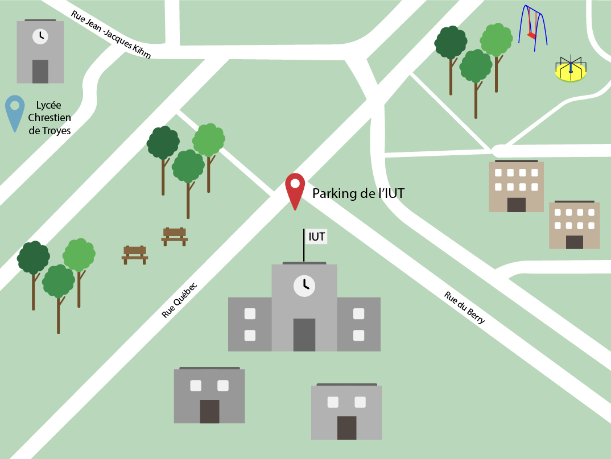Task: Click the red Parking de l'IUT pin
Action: [x=295, y=187]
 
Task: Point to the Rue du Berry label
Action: [x=465, y=308]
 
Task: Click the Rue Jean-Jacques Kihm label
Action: [x=111, y=35]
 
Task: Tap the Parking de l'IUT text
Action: [x=358, y=193]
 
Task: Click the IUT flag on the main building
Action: [x=317, y=237]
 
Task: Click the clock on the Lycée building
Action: [x=40, y=36]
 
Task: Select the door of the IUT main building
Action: [x=304, y=334]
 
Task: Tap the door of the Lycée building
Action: [x=40, y=71]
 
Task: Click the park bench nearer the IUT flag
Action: [x=175, y=235]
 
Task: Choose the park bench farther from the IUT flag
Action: [x=135, y=254]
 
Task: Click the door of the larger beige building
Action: [x=516, y=205]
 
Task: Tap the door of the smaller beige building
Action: [x=575, y=242]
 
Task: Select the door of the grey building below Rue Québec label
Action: [x=209, y=411]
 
